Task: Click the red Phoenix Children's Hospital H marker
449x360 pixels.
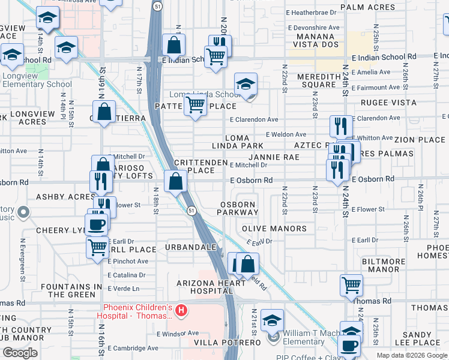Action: click(x=180, y=312)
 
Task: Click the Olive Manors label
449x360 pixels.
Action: click(x=274, y=229)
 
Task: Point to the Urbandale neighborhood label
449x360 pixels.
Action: click(x=191, y=247)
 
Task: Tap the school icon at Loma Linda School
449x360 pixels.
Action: click(x=246, y=85)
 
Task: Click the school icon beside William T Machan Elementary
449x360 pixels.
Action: click(x=273, y=320)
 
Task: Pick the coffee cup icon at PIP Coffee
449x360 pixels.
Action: click(x=349, y=346)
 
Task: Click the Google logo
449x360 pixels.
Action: click(x=20, y=352)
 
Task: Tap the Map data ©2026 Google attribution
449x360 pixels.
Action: click(x=411, y=355)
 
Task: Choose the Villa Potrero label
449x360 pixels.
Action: click(x=228, y=342)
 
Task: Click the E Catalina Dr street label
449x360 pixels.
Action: click(x=128, y=274)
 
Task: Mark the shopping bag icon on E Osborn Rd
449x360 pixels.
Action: click(x=175, y=182)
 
